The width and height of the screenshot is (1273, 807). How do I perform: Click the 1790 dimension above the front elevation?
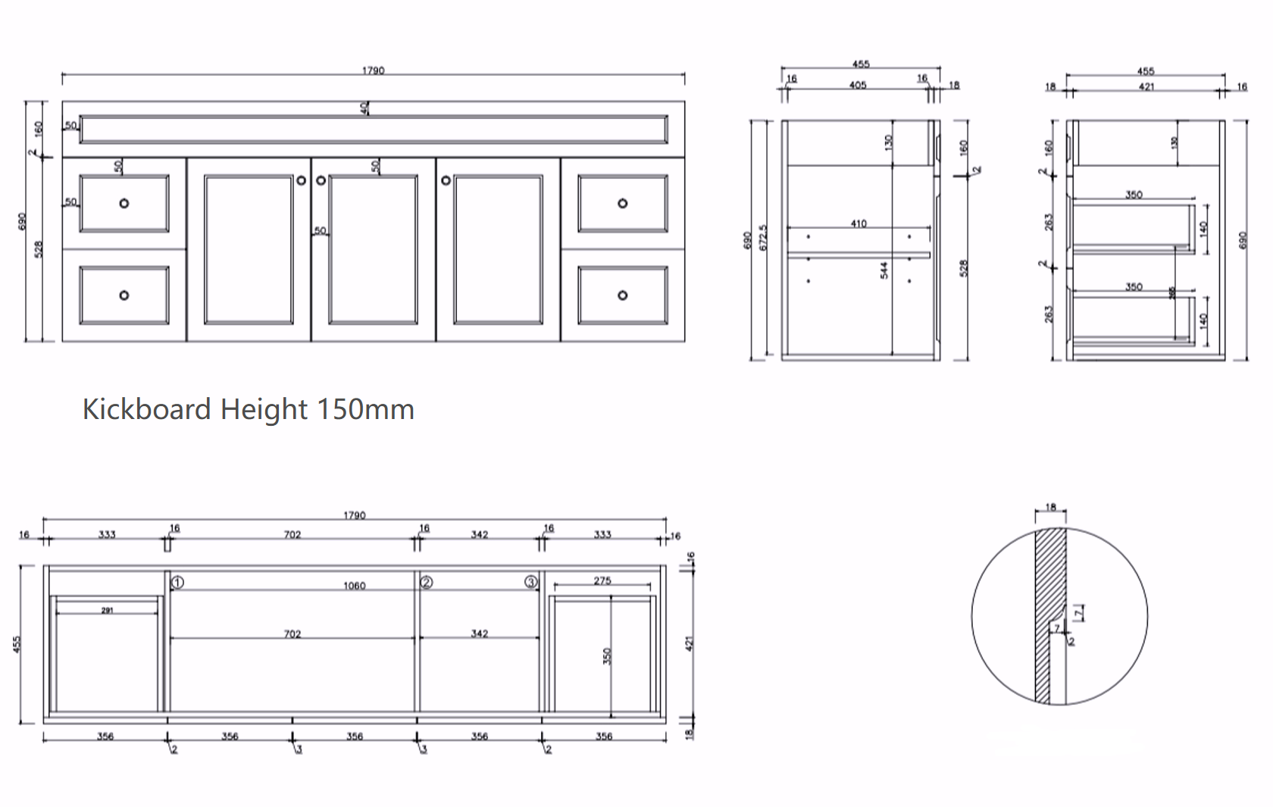click(373, 70)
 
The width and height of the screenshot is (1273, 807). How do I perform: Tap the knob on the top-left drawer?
click(124, 203)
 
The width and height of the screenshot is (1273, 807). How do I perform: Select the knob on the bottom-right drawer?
click(622, 295)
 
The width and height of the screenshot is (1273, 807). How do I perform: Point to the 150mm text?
click(365, 409)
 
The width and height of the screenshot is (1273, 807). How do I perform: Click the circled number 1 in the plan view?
click(177, 583)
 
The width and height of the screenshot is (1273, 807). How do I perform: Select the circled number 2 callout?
click(427, 583)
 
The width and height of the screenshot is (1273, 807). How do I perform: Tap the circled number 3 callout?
click(531, 583)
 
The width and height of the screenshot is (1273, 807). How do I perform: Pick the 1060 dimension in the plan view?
click(354, 586)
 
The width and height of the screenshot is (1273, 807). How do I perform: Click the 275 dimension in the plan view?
click(602, 580)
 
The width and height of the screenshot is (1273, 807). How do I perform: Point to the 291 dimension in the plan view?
click(107, 610)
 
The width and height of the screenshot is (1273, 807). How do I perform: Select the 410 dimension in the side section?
click(858, 224)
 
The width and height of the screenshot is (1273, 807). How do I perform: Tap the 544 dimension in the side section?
click(884, 271)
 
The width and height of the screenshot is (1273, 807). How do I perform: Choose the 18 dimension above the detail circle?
click(1050, 508)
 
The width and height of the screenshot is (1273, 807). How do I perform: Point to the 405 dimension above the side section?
click(857, 85)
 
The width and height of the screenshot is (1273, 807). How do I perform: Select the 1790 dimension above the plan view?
click(354, 515)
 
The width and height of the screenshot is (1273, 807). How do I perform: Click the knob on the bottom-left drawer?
click(124, 295)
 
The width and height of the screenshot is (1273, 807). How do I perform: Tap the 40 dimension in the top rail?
click(364, 108)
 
